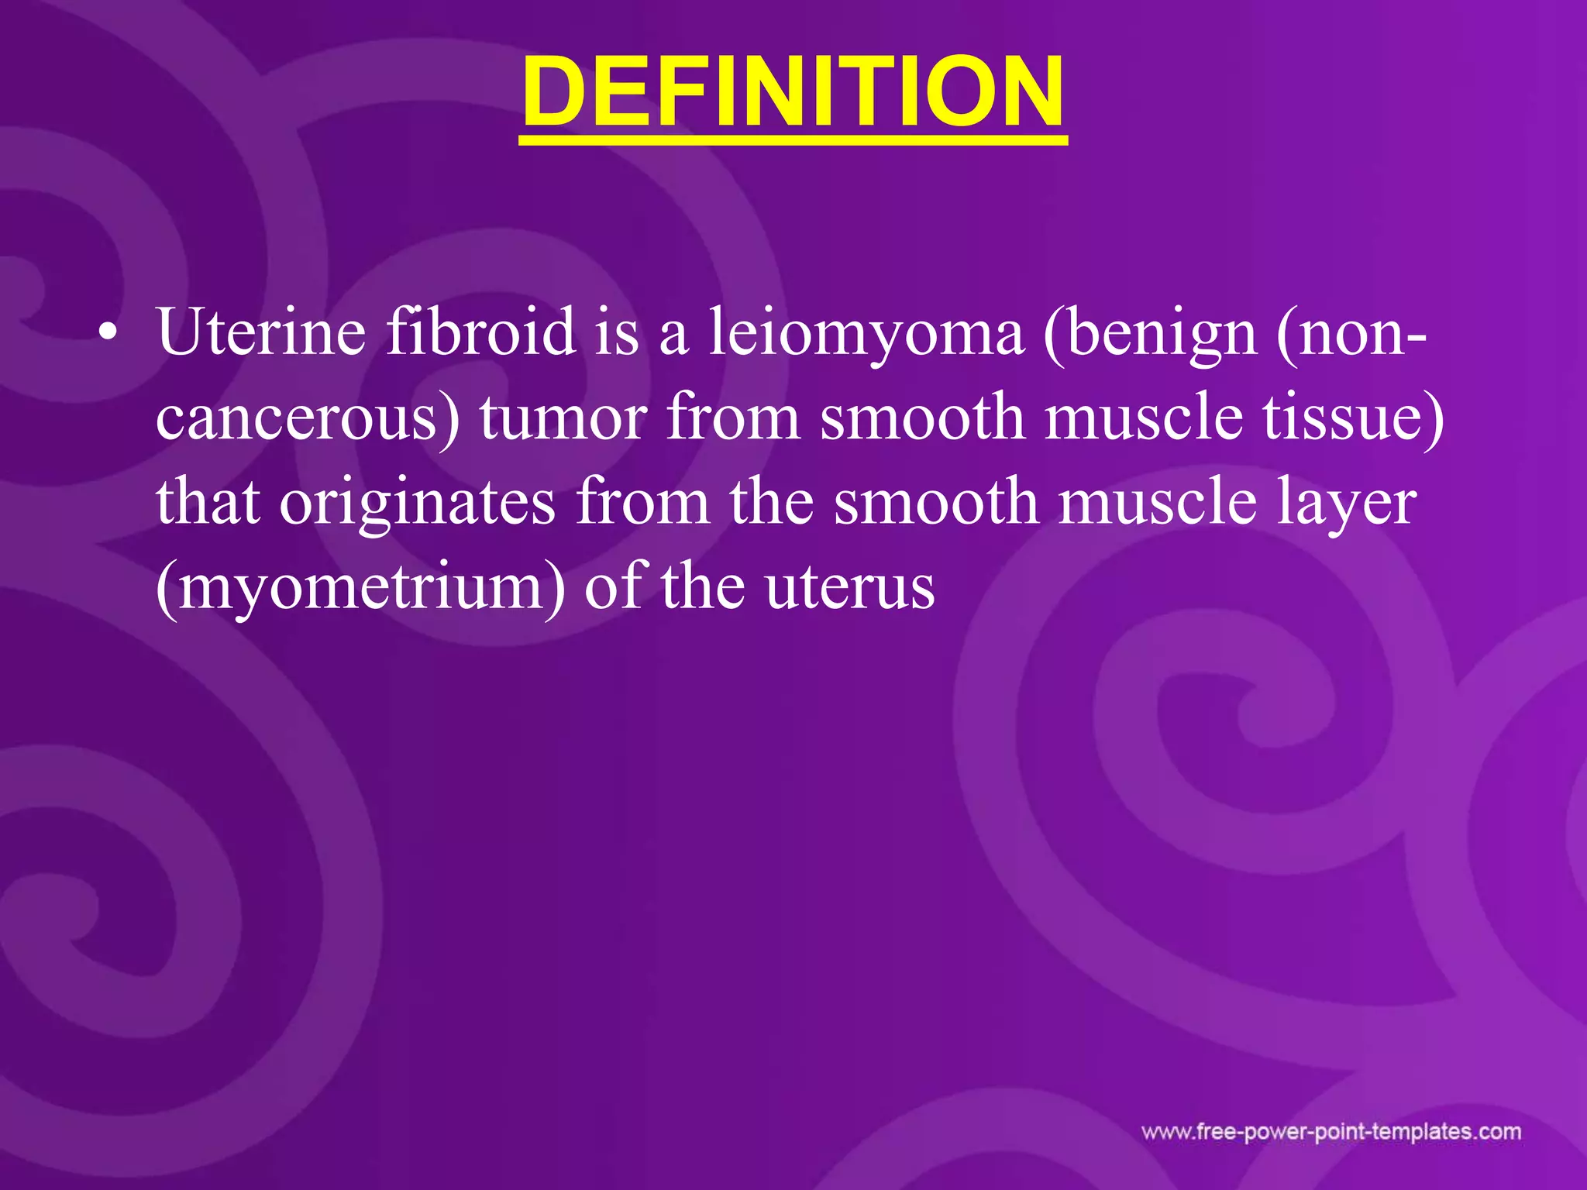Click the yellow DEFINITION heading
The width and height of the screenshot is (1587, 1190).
coord(793,93)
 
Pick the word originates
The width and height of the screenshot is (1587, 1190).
coord(417,504)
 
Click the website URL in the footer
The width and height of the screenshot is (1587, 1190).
coord(1331,1132)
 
